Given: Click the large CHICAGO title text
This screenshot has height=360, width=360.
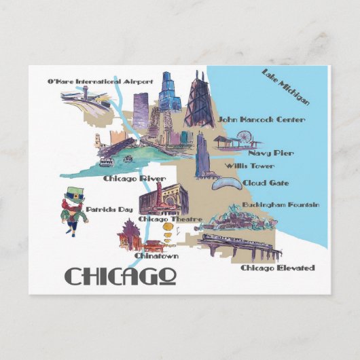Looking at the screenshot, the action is coord(121,276).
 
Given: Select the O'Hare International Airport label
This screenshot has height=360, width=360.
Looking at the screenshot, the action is coord(100,82).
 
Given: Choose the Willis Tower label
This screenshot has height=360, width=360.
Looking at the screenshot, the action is coord(251,165).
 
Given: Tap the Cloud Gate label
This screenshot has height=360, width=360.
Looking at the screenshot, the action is coord(266,183).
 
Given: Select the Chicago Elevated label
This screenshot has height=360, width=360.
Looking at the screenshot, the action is coord(278,268).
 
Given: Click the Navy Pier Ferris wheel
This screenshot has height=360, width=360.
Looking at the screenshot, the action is coord(244,141).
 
